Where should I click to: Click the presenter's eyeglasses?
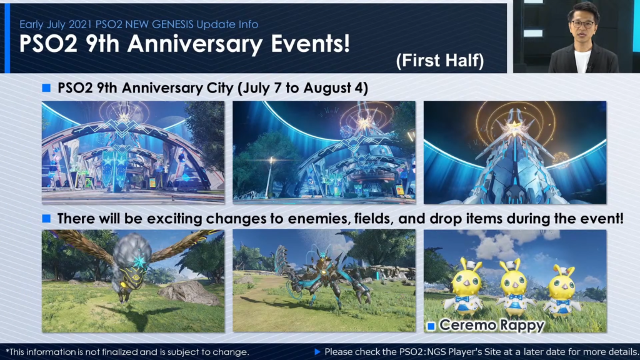point(583,24)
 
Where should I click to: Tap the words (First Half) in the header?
point(440,61)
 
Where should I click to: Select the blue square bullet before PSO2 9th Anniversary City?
point(46,87)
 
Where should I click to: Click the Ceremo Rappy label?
point(492,325)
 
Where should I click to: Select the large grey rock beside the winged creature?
point(189,292)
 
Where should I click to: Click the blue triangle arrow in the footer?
point(317,351)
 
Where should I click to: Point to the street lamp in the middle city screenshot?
point(269,176)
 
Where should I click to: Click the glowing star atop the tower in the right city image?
point(515,128)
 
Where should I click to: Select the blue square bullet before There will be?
point(46,218)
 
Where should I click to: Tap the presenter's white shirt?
point(582,62)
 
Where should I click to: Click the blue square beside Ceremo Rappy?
point(431,326)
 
